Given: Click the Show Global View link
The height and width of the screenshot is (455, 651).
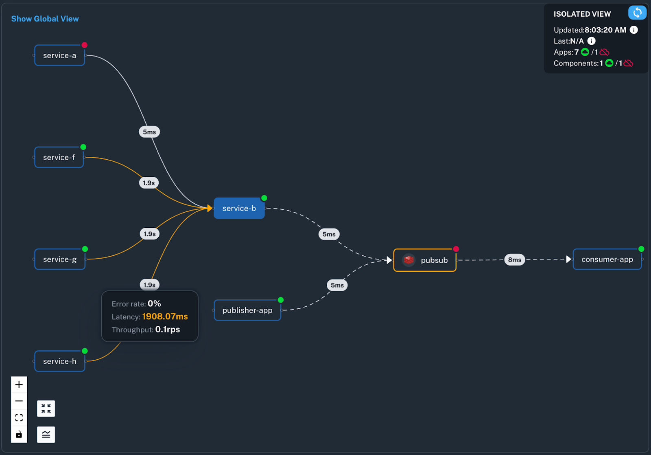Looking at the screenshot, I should (45, 19).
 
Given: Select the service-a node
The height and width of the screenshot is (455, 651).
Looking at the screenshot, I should (59, 55).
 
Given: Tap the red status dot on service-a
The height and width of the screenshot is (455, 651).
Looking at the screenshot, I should (84, 45).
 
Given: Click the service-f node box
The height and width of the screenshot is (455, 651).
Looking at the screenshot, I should (59, 157).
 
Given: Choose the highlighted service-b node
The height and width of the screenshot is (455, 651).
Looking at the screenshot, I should (239, 208).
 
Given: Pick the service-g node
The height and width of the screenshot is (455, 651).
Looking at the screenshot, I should (59, 259).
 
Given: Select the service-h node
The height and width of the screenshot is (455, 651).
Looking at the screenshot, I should (59, 361).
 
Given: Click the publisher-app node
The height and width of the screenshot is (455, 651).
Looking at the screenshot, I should (247, 310).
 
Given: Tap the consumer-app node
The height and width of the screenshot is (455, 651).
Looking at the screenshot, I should (607, 259).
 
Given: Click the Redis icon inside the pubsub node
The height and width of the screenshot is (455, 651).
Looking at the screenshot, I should (409, 260).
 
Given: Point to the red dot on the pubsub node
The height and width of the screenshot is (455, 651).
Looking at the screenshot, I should (456, 249).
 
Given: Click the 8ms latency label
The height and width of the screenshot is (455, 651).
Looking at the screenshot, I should (514, 259).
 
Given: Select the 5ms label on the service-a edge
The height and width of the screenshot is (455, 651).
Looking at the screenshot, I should (149, 132).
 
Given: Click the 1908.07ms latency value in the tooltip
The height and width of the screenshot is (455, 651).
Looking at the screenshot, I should (165, 317).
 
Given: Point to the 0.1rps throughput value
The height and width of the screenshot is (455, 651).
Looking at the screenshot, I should (167, 330).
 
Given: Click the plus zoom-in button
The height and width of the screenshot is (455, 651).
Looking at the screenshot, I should (19, 385).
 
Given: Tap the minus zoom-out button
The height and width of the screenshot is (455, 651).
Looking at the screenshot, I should (19, 401).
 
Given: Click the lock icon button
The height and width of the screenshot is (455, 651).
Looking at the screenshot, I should (19, 435).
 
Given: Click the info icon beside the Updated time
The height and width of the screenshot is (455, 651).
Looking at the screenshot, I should (634, 30).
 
